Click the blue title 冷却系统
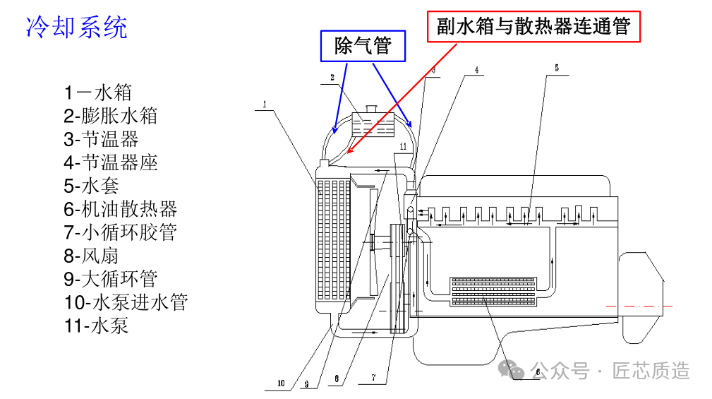(76, 27)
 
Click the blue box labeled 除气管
(363, 46)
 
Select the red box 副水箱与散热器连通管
(533, 26)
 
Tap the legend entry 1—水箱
(97, 93)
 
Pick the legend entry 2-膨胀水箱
(110, 115)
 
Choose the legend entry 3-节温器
(101, 139)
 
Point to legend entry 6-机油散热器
(121, 209)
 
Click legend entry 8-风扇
(91, 256)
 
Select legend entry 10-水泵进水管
(126, 302)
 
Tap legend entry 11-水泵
(96, 326)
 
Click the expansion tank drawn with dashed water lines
(373, 124)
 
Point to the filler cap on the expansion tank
(372, 109)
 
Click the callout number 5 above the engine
(557, 69)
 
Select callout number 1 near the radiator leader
(265, 105)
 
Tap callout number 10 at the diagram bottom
(281, 383)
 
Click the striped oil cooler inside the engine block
(493, 291)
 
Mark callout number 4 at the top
(477, 70)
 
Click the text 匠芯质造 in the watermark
(651, 371)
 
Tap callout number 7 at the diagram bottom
(374, 378)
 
